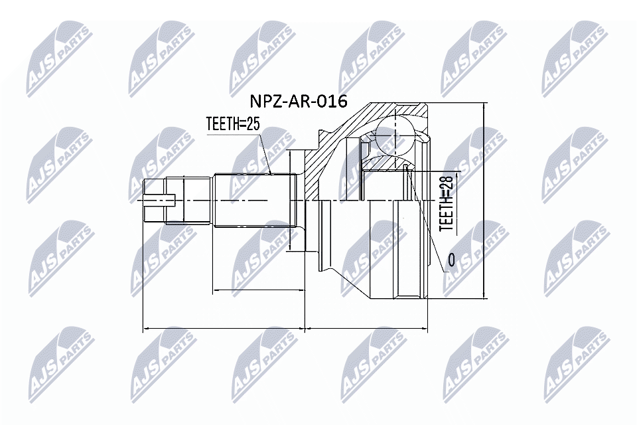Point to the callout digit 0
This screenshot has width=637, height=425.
[452, 261]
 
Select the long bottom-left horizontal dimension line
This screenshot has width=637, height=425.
[224, 327]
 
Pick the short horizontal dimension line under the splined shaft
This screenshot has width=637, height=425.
[256, 290]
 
